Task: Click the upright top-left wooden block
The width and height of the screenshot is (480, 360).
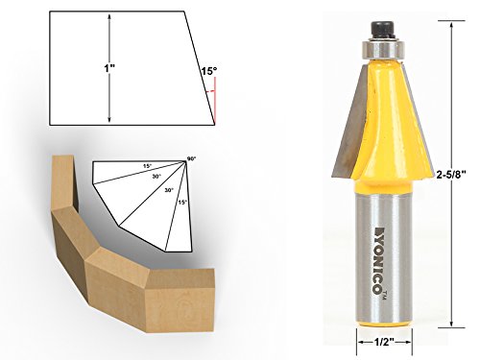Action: [x=61, y=187]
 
